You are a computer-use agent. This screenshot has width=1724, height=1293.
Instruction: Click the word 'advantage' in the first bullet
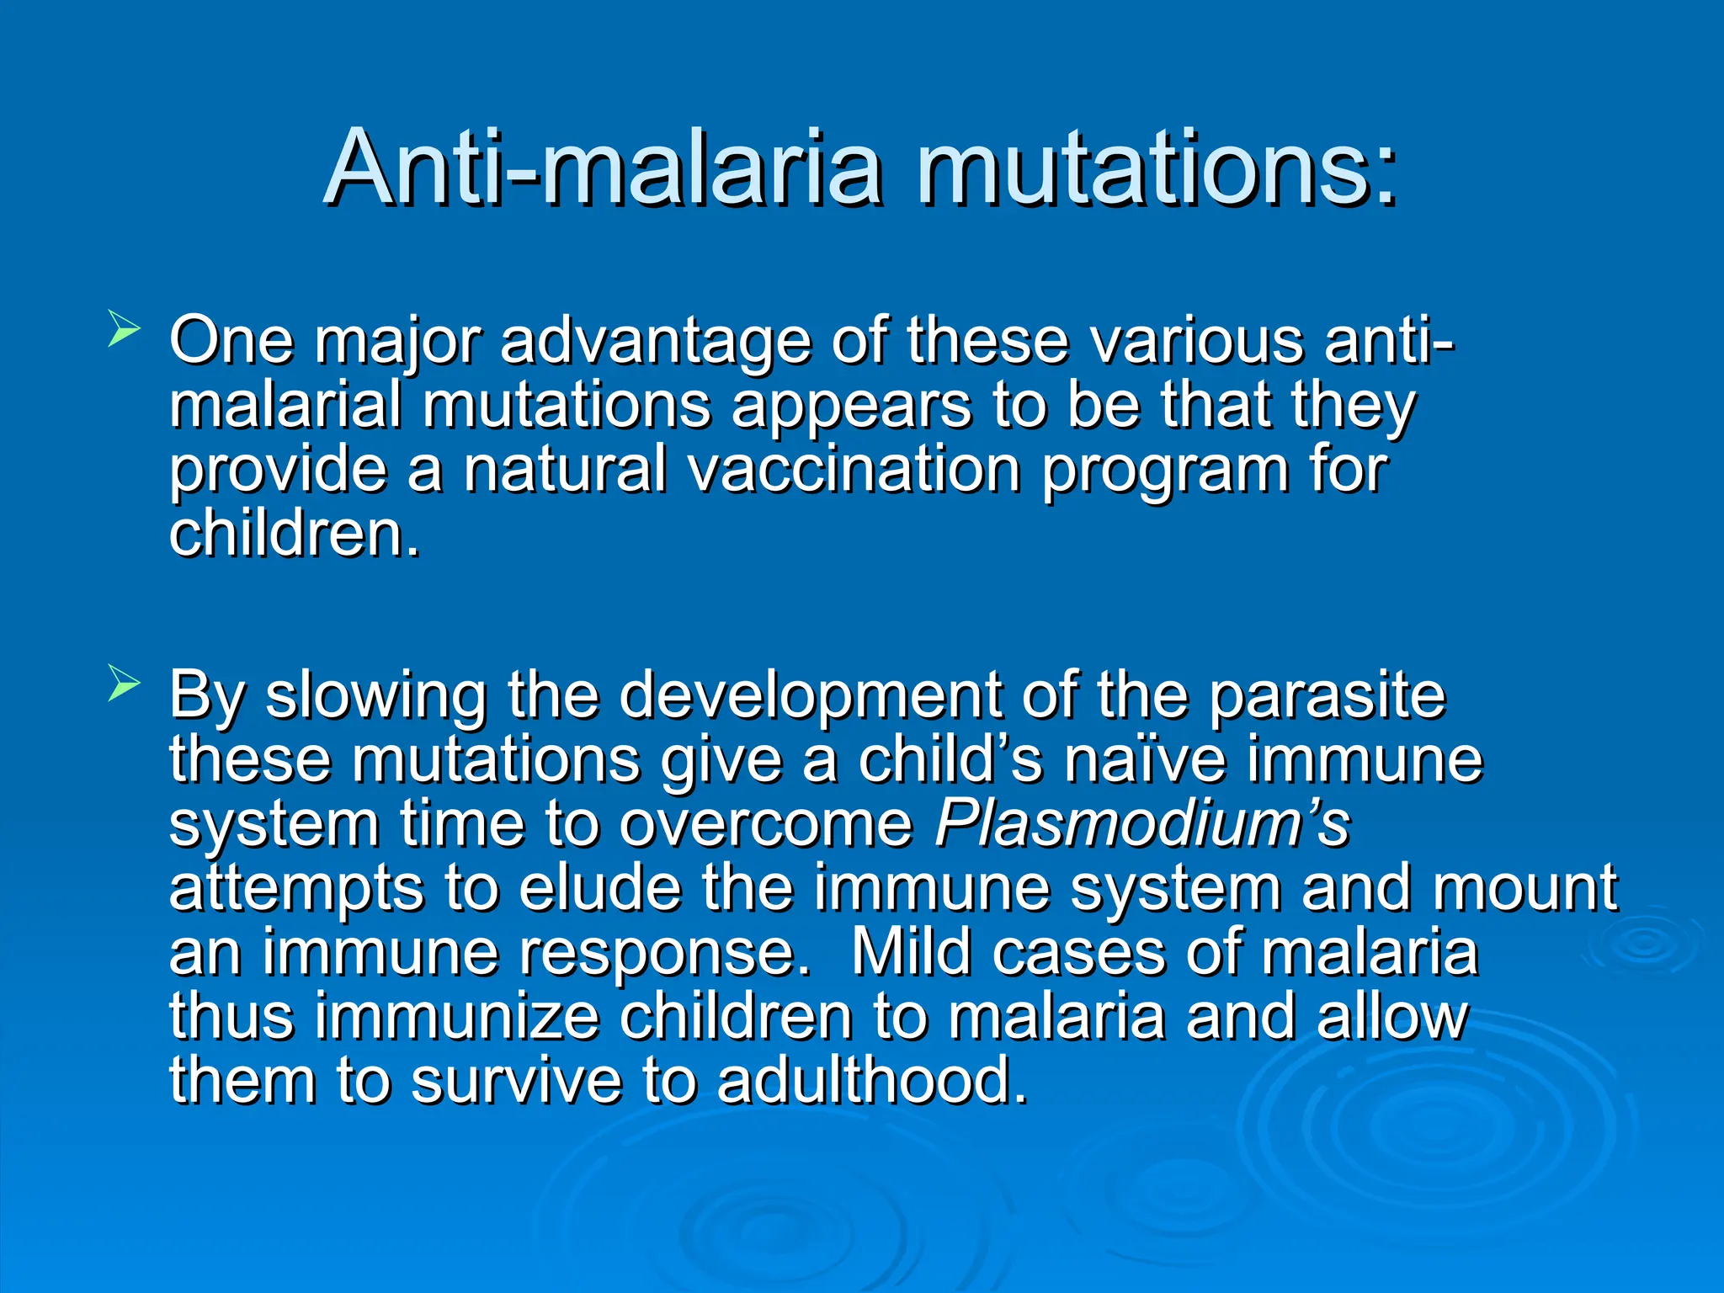point(656,341)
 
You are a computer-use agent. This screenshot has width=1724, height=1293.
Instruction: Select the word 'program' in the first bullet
point(1165,471)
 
